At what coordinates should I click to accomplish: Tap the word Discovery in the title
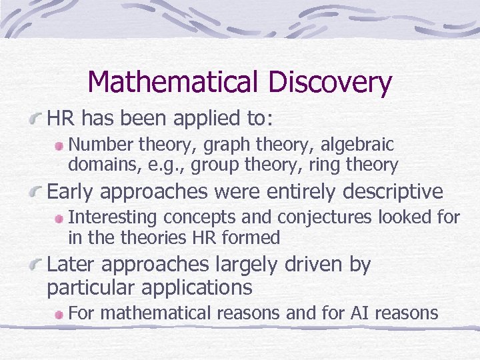point(330,83)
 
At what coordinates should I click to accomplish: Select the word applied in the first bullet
point(210,119)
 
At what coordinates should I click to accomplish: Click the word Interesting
point(114,217)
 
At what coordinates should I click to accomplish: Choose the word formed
point(257,237)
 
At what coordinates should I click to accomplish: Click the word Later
point(72,265)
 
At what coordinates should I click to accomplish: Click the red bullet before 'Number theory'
point(59,145)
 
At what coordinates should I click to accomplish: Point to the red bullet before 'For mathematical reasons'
point(59,313)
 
